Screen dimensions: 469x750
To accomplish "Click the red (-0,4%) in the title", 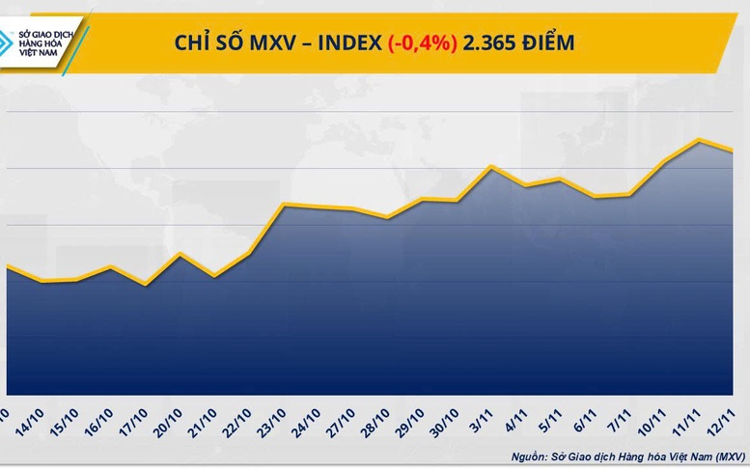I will coord(422,42).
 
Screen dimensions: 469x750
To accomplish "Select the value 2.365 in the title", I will coord(491,42).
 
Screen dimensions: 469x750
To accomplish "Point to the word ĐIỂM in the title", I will coord(551,42).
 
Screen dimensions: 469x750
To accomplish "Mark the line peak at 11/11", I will coord(699,140).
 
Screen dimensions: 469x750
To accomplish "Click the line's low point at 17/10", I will coord(145,285).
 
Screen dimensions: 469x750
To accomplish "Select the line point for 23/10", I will coord(283,205).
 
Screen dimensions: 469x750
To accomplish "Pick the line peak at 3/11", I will coord(491,166).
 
